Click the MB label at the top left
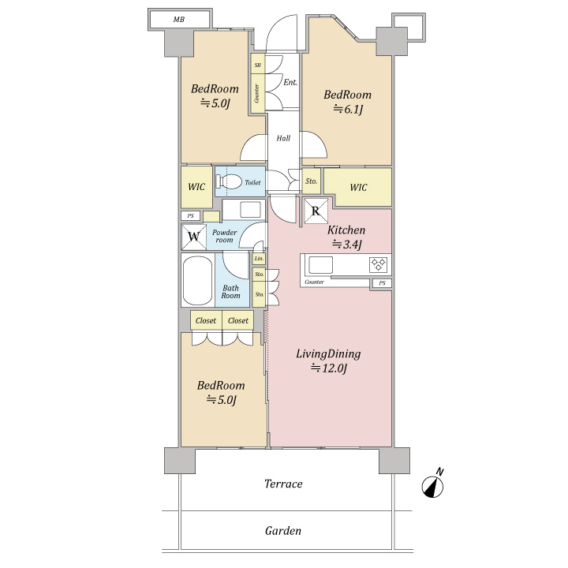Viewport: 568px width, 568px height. coord(178,20)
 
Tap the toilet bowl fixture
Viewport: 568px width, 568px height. coord(229,181)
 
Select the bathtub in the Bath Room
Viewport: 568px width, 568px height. coord(197,280)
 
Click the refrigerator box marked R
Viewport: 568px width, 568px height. coord(316,211)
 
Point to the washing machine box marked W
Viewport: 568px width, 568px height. coord(194,237)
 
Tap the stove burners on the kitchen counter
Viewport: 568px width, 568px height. coord(378,265)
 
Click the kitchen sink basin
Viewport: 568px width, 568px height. coord(320,266)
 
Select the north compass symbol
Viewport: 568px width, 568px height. coord(433,484)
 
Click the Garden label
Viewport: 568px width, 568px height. coord(283,531)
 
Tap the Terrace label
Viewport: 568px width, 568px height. coord(283,484)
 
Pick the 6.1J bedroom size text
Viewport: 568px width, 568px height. coord(348,109)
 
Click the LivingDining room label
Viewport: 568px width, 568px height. coord(328,354)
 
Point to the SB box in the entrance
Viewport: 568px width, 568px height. coord(258,65)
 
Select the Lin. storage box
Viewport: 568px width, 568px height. coord(259,259)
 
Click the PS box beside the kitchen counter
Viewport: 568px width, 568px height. coord(382,283)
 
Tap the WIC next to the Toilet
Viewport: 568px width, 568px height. coord(196,187)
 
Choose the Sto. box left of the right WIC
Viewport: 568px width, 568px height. coord(311,181)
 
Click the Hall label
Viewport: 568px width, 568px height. coord(283,138)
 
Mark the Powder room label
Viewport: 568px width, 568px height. coord(225,236)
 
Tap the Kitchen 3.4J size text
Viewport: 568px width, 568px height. coord(347,245)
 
